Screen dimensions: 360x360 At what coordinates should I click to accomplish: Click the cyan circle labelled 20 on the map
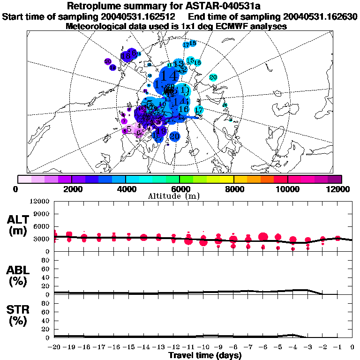click(x=213, y=77)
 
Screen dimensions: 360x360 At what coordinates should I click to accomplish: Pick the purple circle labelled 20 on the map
click(x=107, y=61)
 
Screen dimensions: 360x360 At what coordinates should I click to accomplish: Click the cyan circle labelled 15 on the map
click(x=190, y=60)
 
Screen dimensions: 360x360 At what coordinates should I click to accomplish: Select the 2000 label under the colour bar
click(x=72, y=189)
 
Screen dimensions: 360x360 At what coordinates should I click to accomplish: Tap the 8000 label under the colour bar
click(x=234, y=189)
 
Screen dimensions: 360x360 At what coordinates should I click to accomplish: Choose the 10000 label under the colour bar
click(x=288, y=189)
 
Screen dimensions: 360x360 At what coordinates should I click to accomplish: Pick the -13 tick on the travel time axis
click(x=159, y=347)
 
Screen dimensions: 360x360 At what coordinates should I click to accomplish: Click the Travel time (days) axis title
click(x=205, y=355)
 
